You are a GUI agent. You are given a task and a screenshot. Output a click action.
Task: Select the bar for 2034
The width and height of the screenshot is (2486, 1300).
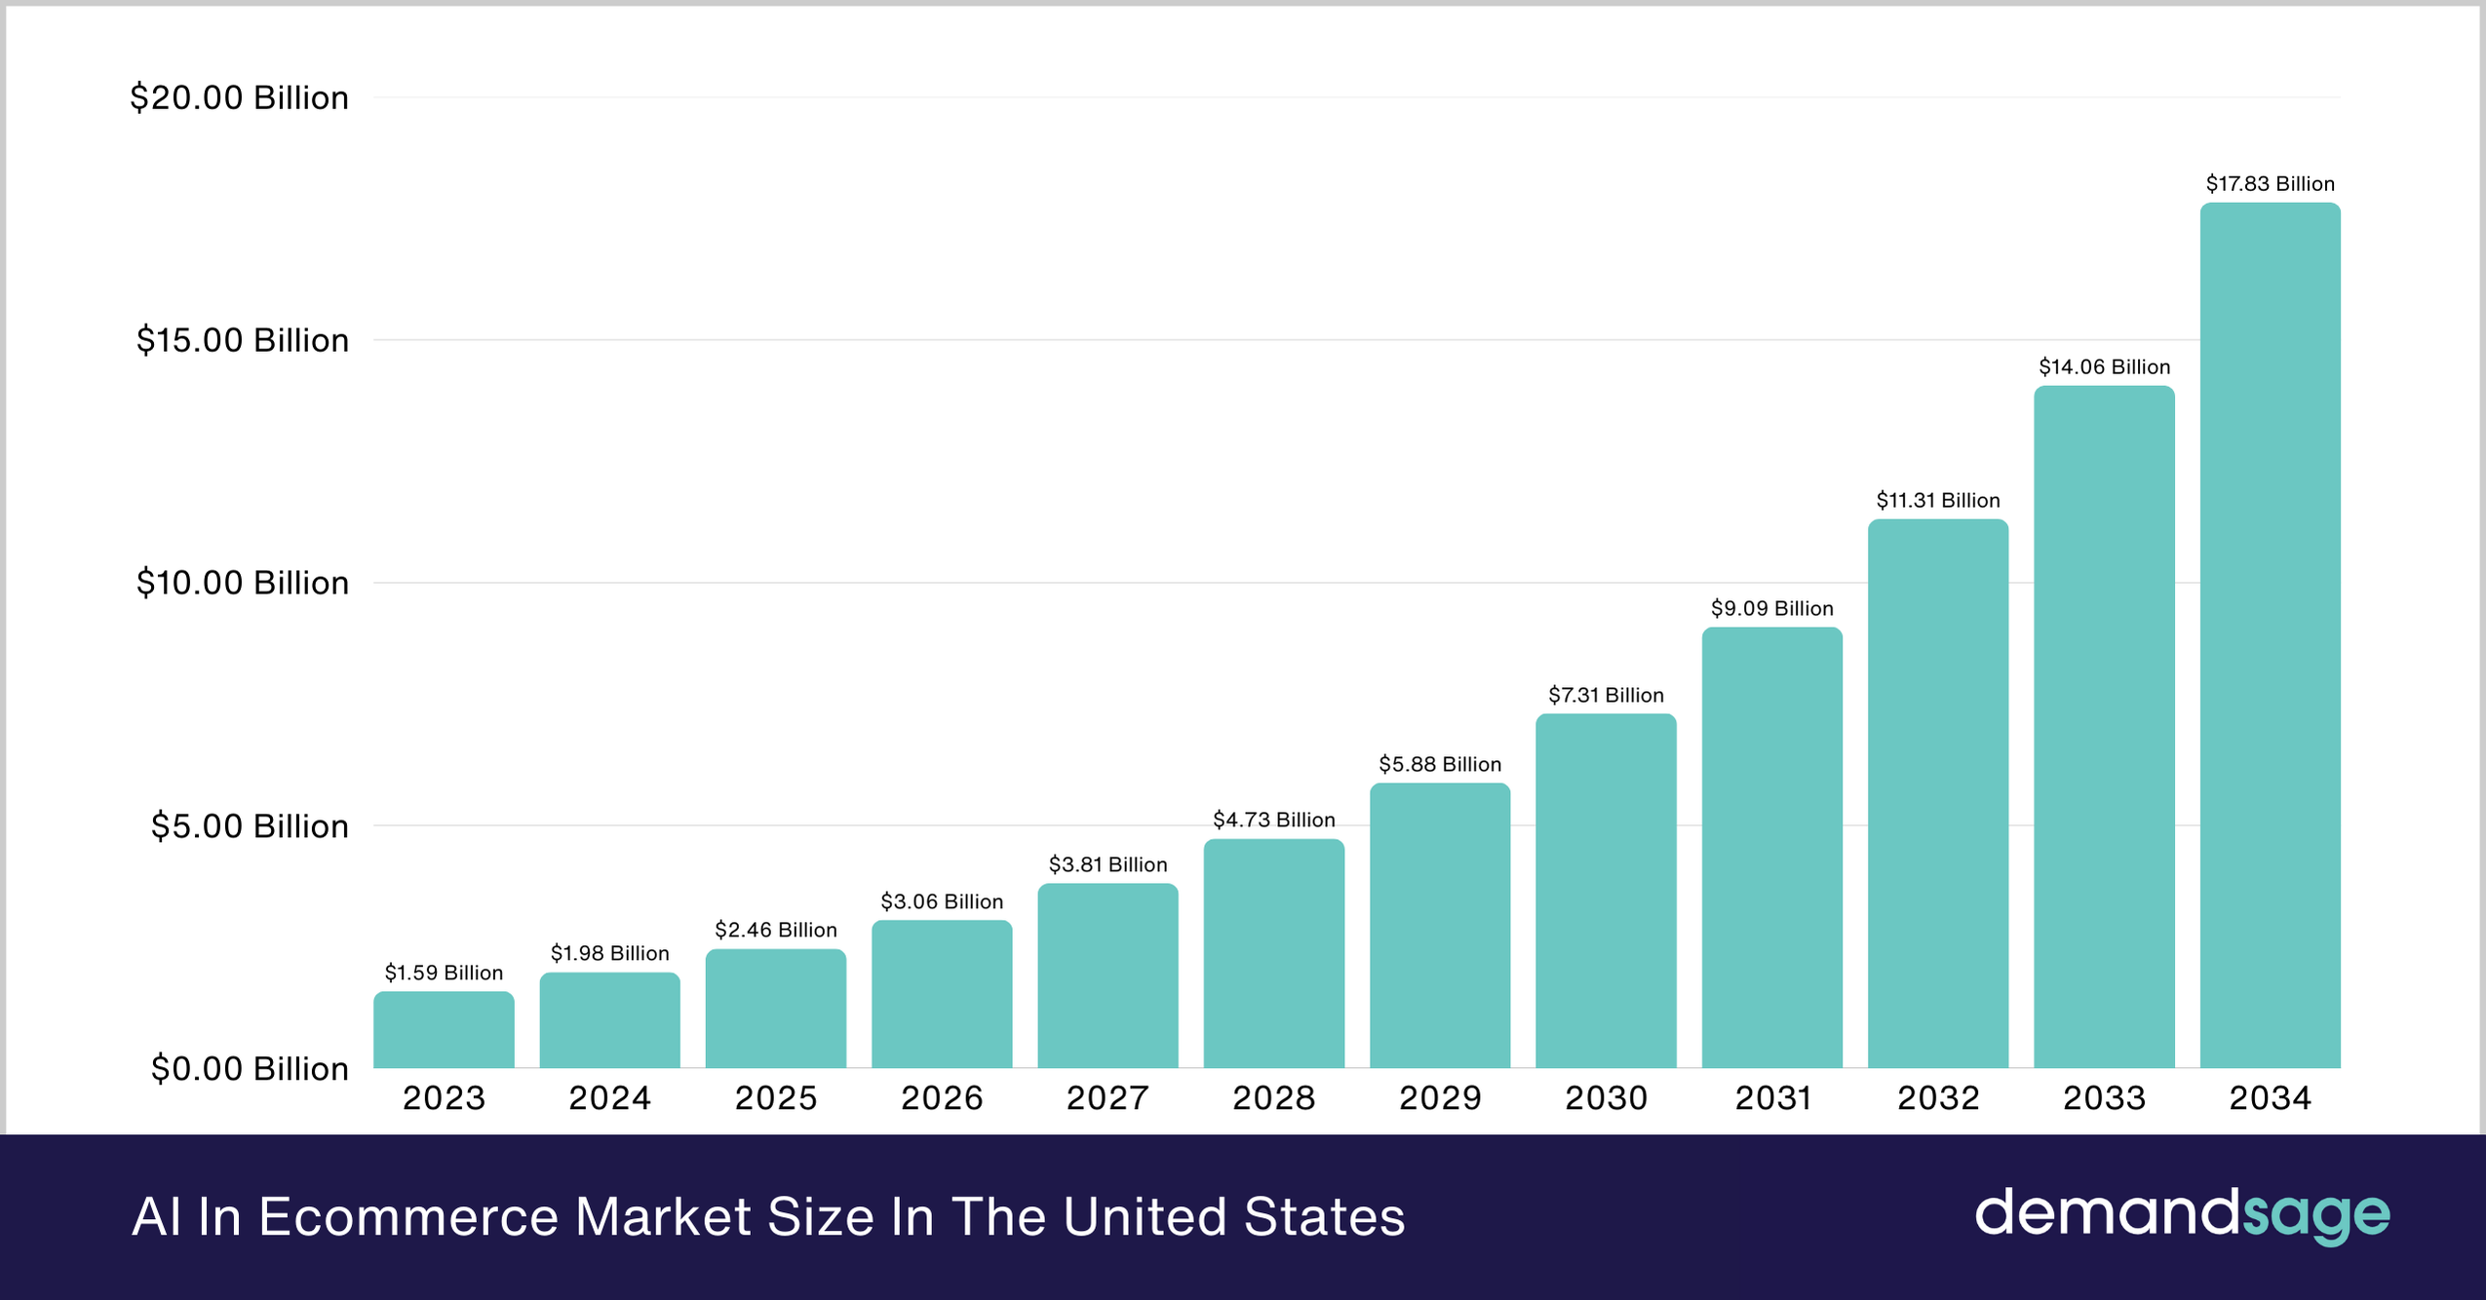(2270, 635)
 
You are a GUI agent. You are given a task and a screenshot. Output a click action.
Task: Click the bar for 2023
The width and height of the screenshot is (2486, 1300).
(444, 1030)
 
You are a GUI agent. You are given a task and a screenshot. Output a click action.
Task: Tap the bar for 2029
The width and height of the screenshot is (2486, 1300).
(1440, 926)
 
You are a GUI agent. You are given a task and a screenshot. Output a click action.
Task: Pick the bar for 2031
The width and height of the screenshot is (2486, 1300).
(1772, 848)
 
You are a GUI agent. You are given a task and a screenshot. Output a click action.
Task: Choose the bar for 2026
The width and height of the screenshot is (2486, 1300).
(942, 994)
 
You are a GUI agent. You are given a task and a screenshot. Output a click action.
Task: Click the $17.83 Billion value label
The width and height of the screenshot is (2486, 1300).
(2270, 184)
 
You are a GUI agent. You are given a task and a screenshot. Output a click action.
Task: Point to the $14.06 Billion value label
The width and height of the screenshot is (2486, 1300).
(2104, 367)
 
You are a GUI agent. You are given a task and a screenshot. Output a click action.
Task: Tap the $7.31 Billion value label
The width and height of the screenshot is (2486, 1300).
(1606, 696)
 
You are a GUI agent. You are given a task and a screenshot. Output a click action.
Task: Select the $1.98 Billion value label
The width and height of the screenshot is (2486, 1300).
(609, 954)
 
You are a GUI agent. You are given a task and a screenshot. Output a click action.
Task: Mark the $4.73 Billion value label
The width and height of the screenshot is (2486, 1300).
(1273, 821)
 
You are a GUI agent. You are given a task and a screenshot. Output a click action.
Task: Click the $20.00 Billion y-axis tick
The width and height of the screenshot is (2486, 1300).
(239, 98)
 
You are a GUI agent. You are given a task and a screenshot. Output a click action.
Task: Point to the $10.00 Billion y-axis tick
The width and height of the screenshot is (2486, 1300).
(242, 584)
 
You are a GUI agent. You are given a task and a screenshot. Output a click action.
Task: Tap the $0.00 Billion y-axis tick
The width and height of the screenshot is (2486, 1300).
(250, 1069)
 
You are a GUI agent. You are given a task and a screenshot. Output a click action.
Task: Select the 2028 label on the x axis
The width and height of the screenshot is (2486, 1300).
(1273, 1099)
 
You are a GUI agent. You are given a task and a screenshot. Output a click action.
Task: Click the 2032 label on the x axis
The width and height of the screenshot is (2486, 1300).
(1938, 1099)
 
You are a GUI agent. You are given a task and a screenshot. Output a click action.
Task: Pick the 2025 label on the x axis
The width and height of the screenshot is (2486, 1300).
(775, 1099)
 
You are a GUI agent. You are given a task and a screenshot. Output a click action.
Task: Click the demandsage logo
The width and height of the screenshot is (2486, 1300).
(2182, 1215)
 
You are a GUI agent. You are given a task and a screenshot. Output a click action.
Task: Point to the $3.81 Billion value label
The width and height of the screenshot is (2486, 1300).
(1107, 865)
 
